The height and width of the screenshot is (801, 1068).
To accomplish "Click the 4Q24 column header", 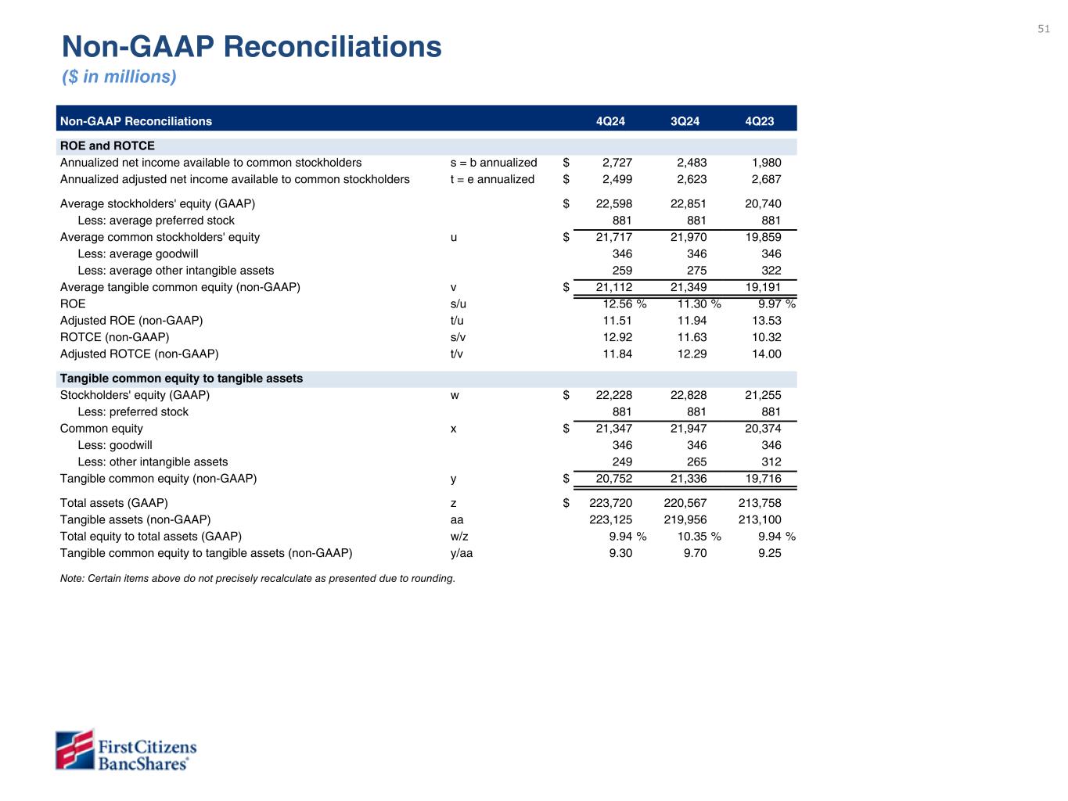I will coord(610,121).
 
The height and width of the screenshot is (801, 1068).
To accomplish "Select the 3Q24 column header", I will coord(685,121).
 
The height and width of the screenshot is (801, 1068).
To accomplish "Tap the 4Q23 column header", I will coord(760,121).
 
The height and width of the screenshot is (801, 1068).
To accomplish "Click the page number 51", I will coord(1044,29).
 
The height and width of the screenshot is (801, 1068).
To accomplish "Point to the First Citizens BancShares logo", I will coord(126,750).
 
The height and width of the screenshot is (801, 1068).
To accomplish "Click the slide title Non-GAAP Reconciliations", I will coord(252,47).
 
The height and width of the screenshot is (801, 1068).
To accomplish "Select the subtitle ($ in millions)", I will coord(120,77).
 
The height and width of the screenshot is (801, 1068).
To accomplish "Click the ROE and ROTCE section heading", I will coord(107,146).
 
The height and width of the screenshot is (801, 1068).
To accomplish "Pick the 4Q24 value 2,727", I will coord(617,163).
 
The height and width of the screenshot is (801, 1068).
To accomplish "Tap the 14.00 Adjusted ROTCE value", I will coord(766,354).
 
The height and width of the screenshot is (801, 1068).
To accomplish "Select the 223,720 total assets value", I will coord(610,503).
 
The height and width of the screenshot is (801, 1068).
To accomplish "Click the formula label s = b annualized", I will coord(494,163).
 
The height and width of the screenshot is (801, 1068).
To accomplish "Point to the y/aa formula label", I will coord(462,553).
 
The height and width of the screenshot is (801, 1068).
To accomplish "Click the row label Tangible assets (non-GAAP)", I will coord(135,519).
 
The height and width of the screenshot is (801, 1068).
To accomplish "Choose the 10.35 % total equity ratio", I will coord(699,537).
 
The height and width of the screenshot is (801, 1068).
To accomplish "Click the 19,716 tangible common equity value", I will coord(763,478).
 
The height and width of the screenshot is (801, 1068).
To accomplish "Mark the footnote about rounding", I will coord(257,579).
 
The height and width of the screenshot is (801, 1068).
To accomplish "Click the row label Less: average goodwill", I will coord(138,253).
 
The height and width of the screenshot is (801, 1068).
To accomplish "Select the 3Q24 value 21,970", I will coord(689,237).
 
